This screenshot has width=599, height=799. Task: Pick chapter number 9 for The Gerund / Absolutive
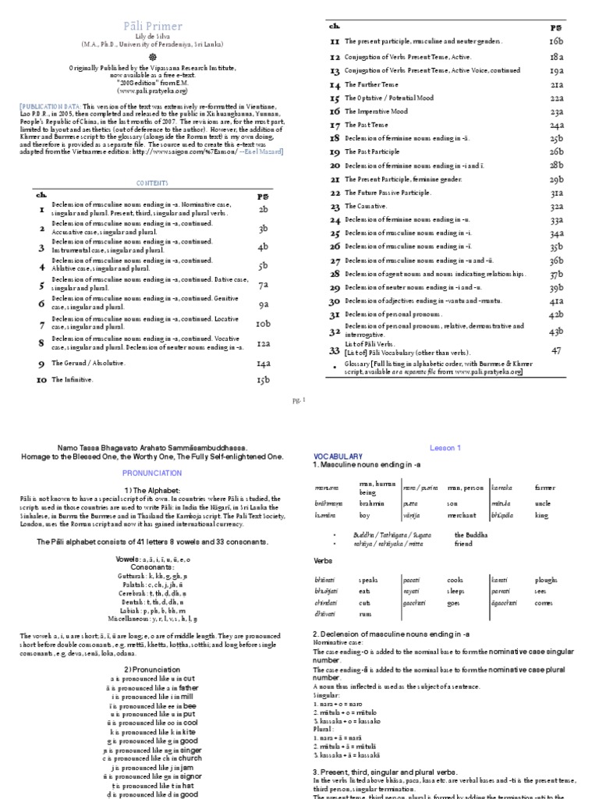pos(40,363)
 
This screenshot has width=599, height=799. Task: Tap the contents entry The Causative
pos(366,207)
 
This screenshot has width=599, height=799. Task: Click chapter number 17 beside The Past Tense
pos(334,123)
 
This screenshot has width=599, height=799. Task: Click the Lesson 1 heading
pos(445,447)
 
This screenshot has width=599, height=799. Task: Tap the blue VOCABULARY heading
pos(338,455)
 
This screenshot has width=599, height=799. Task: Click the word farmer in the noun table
pos(545,488)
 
